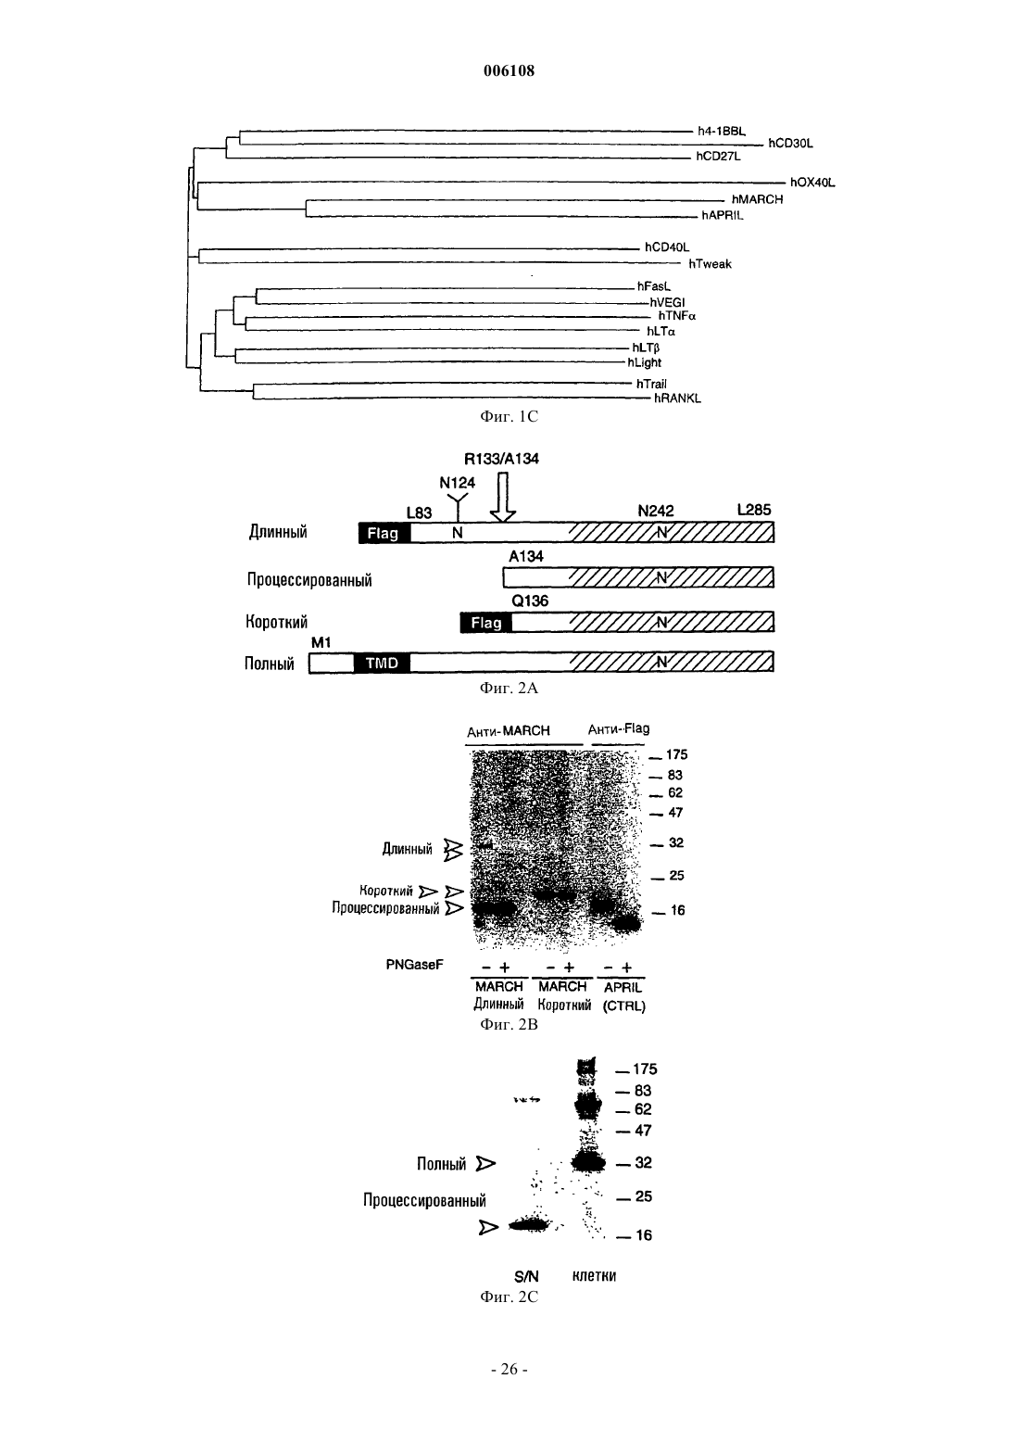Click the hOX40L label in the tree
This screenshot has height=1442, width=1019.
click(x=811, y=183)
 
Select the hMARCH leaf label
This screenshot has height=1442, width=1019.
click(x=757, y=199)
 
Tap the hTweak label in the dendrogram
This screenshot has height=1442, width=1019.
click(x=710, y=264)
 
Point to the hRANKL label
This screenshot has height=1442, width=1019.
click(x=677, y=398)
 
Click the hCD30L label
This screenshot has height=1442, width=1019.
click(x=790, y=144)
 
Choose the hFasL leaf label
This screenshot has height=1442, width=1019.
click(x=654, y=286)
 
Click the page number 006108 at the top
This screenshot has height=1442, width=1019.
click(x=509, y=70)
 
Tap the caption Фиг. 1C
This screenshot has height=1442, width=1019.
click(x=509, y=416)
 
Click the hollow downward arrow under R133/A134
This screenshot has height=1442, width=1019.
click(x=503, y=497)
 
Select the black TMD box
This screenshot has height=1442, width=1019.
click(x=382, y=663)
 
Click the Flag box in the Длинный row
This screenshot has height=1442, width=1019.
click(x=384, y=533)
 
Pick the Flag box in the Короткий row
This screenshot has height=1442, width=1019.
click(x=485, y=623)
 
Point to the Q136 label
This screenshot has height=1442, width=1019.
click(x=530, y=601)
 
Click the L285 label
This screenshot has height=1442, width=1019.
click(x=754, y=510)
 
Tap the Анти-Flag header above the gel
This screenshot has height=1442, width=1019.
click(x=619, y=728)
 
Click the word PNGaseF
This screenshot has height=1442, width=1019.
click(x=414, y=965)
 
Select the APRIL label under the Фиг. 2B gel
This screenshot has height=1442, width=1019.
click(x=623, y=988)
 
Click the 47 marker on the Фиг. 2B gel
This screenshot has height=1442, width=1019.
click(x=674, y=813)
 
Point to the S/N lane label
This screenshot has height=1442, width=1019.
click(x=526, y=1276)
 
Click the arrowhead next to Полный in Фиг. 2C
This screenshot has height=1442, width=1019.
click(x=485, y=1164)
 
